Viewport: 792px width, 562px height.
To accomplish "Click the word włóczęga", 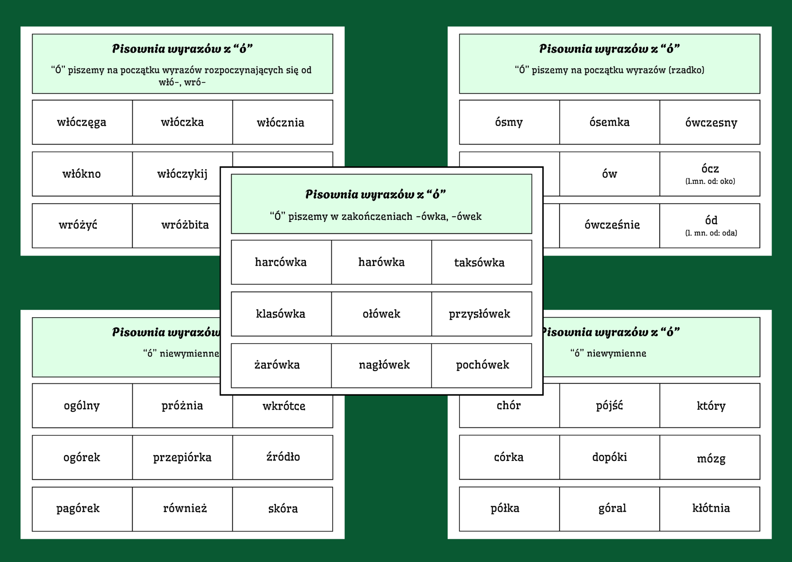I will (x=82, y=122).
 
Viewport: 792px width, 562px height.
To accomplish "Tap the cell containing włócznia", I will (x=280, y=122).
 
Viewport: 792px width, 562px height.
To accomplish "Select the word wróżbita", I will (x=185, y=225).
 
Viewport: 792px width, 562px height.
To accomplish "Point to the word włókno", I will (x=82, y=174).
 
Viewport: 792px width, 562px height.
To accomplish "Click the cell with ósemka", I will (x=609, y=122).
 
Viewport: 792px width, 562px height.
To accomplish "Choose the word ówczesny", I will (x=711, y=123).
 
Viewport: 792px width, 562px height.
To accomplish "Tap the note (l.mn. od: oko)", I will (x=710, y=181).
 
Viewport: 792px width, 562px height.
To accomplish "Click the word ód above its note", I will (x=711, y=220).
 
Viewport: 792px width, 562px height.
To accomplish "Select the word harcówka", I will (x=281, y=262).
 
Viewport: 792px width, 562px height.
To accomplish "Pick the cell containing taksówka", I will (x=479, y=262).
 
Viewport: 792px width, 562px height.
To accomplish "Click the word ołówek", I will (x=382, y=314).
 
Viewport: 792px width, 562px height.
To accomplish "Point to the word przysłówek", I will (x=479, y=314).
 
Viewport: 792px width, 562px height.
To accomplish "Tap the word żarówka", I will (x=277, y=365).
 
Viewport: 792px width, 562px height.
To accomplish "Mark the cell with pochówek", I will (x=483, y=365).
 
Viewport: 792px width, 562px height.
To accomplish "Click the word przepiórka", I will (x=182, y=457).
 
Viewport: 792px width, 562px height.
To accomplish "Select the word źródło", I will (x=283, y=457).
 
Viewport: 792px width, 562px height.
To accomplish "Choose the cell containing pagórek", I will (x=78, y=509).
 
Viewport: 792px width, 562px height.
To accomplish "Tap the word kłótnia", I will (x=711, y=508).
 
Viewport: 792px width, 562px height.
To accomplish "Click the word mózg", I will (x=711, y=459).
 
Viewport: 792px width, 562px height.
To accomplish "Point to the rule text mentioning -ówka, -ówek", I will (x=376, y=216).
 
